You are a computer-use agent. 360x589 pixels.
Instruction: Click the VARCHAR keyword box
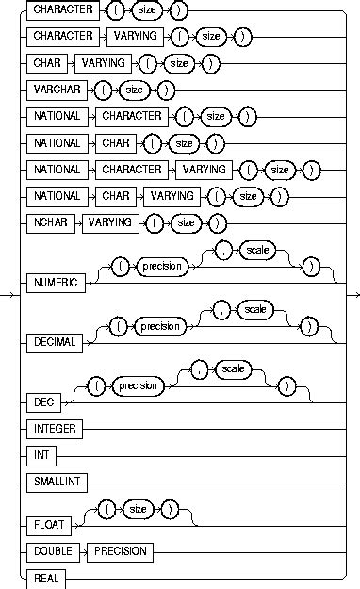(57, 91)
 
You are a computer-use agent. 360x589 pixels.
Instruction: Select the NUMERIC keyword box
(57, 279)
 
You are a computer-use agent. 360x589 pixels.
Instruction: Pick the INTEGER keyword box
(56, 428)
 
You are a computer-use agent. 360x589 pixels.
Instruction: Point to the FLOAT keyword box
(50, 523)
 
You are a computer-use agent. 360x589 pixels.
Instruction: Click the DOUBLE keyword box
(53, 550)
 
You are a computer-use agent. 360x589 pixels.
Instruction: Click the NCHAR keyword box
(51, 223)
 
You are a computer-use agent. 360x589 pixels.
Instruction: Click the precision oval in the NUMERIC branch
(158, 267)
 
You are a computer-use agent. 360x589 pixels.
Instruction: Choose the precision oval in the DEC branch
(132, 385)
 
